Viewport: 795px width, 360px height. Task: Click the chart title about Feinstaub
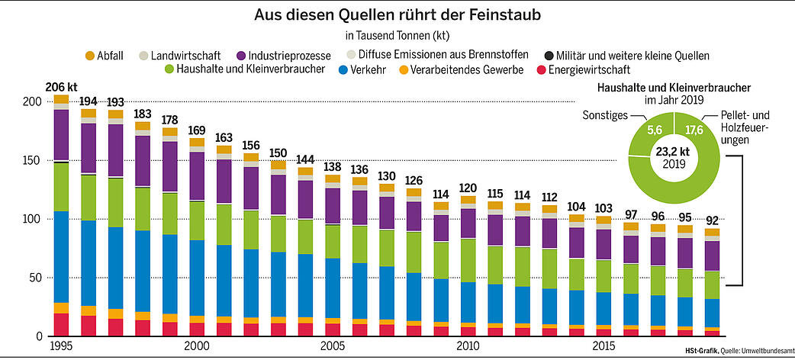click(x=397, y=15)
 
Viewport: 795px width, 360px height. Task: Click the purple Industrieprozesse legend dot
click(x=242, y=56)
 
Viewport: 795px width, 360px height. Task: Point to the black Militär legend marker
click(x=549, y=56)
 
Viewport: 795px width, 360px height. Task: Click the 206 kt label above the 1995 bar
click(x=61, y=87)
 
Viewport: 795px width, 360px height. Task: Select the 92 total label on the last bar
click(x=712, y=221)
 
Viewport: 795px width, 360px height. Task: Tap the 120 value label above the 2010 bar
click(x=468, y=188)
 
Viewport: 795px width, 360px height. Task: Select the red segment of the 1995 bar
click(x=61, y=324)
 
